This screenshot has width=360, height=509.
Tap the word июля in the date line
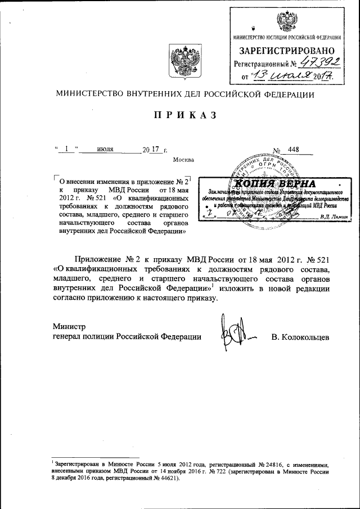(x=106, y=150)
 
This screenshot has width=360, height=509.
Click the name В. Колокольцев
(x=300, y=336)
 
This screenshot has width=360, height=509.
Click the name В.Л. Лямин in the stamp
(x=334, y=216)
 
